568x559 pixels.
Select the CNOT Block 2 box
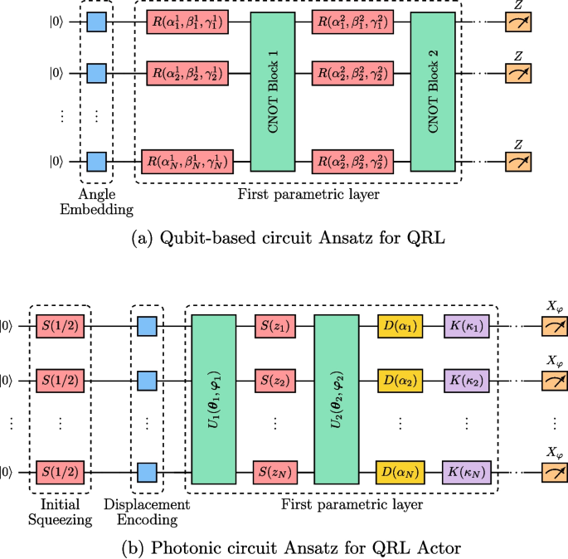click(432, 92)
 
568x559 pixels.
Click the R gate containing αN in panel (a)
click(187, 160)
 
